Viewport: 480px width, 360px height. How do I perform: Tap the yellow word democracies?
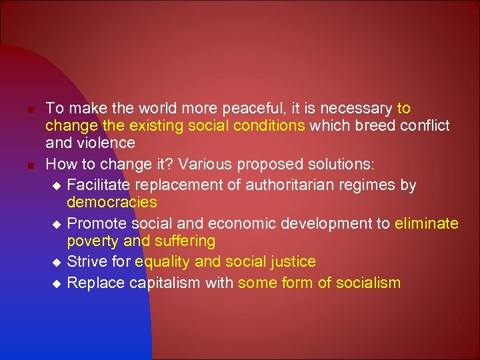click(x=112, y=201)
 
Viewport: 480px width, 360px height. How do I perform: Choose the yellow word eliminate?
click(x=426, y=223)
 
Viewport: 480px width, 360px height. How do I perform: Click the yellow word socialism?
click(x=367, y=283)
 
